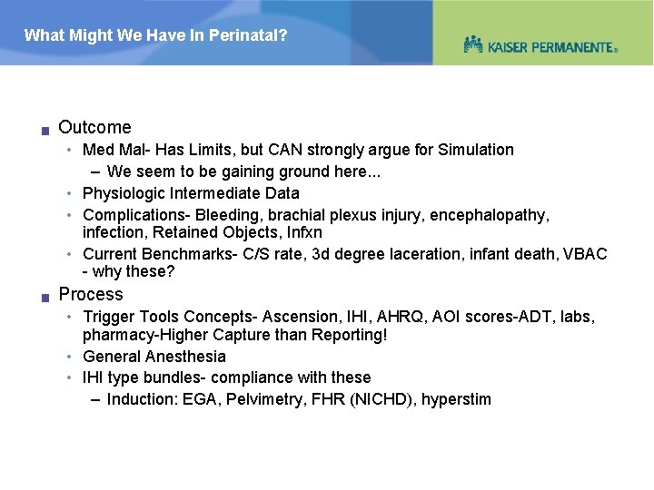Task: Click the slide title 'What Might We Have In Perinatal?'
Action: click(x=155, y=36)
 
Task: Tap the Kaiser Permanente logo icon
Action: click(x=472, y=44)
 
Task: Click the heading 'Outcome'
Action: click(x=94, y=128)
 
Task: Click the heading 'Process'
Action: click(x=90, y=294)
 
